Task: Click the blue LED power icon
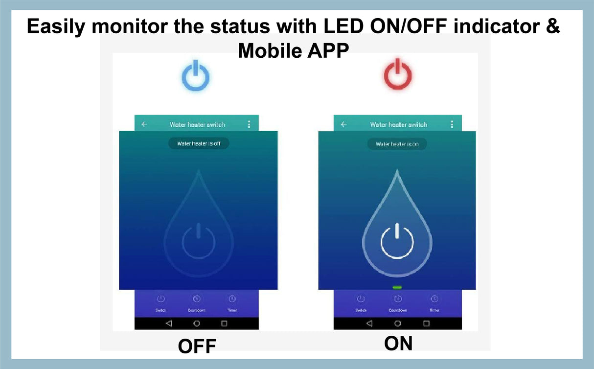coord(196,76)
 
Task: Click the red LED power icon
coord(397,74)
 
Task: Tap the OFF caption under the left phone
coord(197,346)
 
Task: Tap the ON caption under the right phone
coord(398,344)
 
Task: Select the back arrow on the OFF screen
coord(144,124)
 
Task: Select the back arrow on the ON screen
coord(343,124)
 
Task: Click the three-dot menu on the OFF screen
coord(249,124)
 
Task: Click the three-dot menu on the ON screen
coord(451,124)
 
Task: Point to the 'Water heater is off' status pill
coord(199,143)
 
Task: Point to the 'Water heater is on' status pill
coord(397,144)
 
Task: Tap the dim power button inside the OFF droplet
coord(198,241)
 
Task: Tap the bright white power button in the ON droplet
coord(397,241)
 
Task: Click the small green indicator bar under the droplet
coord(397,287)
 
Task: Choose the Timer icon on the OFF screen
coord(232,299)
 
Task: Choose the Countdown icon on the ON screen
coord(398,299)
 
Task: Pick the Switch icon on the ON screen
coord(361,299)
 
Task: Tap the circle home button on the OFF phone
coord(197,323)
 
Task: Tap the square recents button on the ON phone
coord(426,323)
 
